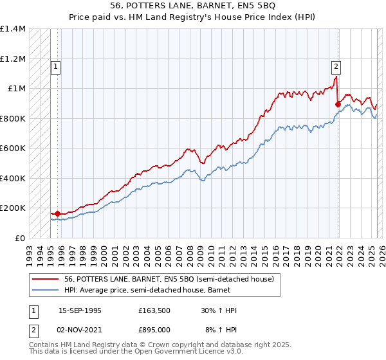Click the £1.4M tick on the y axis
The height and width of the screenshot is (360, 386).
13,29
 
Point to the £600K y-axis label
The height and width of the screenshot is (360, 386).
13,148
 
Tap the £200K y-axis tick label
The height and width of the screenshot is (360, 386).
13,208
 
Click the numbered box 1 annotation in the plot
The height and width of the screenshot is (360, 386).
56,66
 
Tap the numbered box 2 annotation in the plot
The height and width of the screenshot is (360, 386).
336,66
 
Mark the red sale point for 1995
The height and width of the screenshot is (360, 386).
58,213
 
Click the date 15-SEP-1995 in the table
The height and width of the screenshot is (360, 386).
80,310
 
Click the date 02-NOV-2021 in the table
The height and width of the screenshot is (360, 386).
80,330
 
